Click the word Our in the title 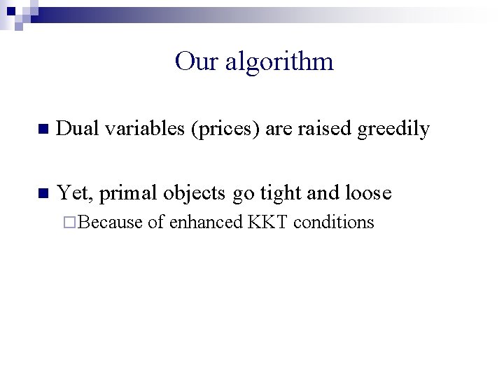point(193,62)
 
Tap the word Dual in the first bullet point(77,129)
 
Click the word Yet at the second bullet point(73,192)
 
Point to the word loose point(368,192)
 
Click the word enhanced point(206,223)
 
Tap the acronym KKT point(269,223)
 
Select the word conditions point(334,223)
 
